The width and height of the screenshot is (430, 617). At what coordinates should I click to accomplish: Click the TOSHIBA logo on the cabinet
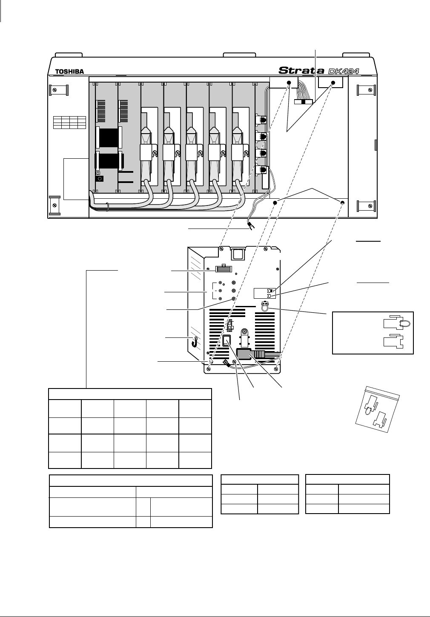click(69, 71)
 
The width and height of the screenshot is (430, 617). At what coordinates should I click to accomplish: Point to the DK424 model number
click(343, 70)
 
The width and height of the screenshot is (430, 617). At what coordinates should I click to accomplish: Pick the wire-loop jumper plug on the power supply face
click(265, 307)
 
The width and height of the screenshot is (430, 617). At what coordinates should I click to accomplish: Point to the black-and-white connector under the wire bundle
click(303, 102)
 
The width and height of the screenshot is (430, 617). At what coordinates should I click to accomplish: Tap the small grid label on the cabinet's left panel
click(69, 122)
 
